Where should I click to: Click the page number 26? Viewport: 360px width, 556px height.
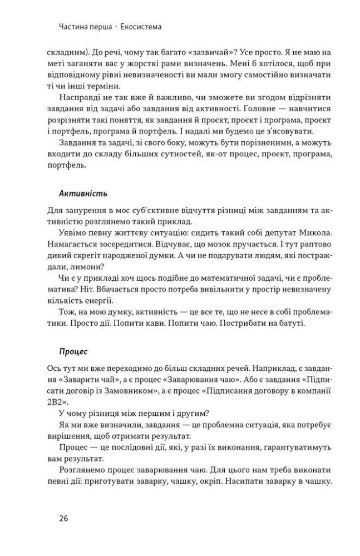click(63, 518)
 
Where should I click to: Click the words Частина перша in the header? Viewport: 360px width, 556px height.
click(83, 26)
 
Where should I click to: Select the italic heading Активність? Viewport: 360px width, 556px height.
click(83, 194)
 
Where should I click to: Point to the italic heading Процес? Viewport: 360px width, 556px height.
click(73, 351)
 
